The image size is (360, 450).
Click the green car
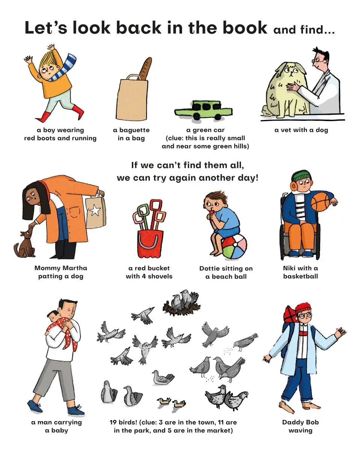(203, 110)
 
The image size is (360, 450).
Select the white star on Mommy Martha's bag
(95, 210)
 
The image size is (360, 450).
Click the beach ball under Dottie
(234, 247)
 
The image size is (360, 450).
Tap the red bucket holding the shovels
(150, 244)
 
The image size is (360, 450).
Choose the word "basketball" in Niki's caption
(301, 276)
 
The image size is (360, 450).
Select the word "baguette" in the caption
(131, 130)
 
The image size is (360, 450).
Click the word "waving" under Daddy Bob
(300, 430)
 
